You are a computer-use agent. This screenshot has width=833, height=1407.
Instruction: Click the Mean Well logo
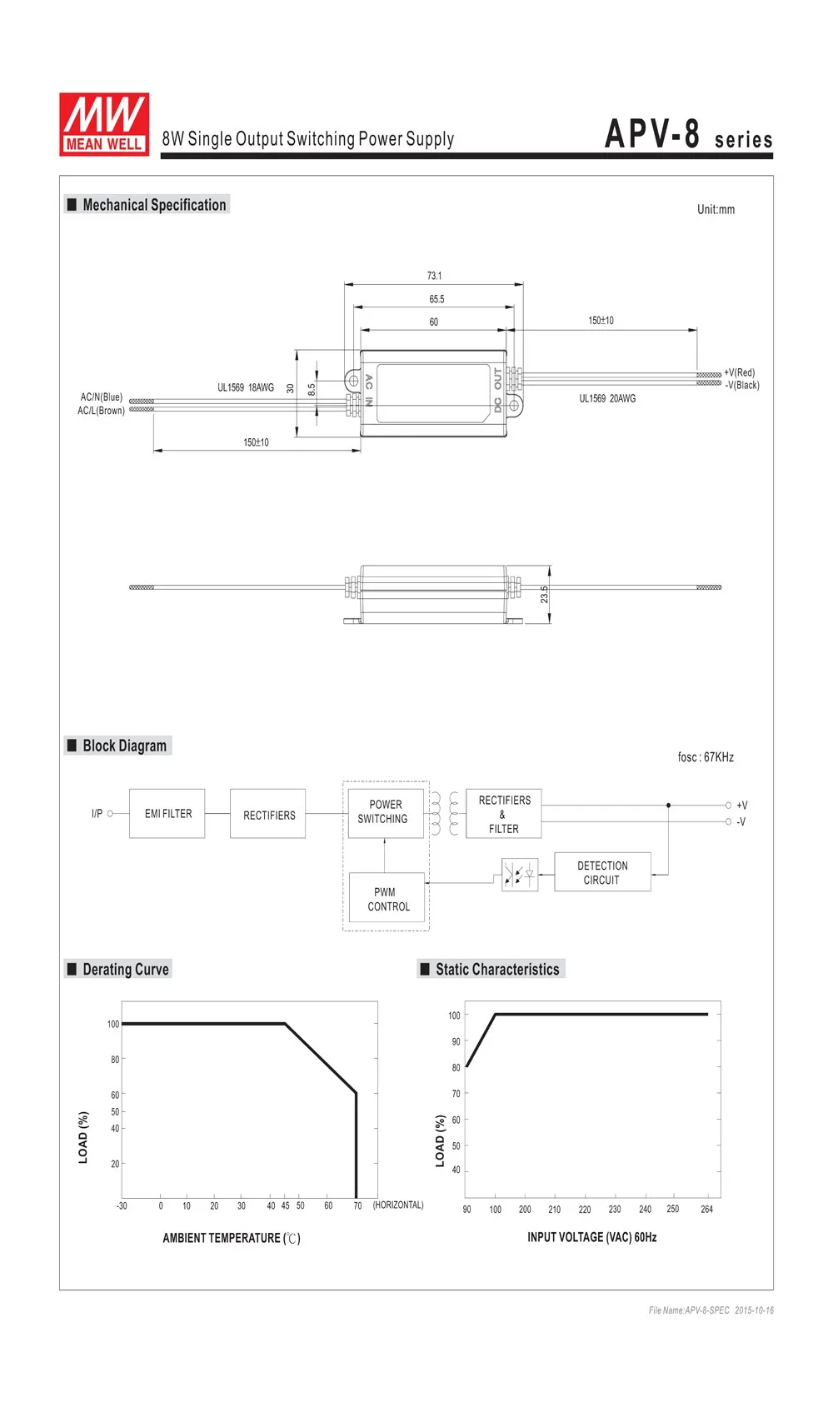[104, 124]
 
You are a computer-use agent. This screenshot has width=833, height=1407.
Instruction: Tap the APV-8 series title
[688, 135]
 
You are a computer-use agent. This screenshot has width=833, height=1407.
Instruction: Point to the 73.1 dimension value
[434, 276]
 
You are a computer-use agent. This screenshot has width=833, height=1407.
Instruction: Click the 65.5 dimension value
[436, 299]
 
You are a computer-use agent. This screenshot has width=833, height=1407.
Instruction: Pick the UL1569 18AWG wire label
[246, 387]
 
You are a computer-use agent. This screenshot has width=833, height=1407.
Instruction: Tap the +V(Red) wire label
[739, 372]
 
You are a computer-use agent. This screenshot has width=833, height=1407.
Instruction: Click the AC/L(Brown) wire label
[102, 411]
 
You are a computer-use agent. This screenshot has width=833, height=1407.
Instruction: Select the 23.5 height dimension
[544, 594]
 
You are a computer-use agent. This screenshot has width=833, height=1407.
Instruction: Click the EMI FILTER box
[167, 813]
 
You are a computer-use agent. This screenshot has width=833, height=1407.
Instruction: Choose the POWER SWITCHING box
[384, 811]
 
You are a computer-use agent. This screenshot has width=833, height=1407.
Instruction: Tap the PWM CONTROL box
[387, 899]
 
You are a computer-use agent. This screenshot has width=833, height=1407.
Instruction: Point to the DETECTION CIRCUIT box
[602, 872]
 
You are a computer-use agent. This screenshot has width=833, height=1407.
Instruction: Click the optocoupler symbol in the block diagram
[520, 875]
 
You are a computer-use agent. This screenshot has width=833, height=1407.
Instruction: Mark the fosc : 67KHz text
[706, 757]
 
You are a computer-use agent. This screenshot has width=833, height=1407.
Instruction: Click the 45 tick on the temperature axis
[285, 1205]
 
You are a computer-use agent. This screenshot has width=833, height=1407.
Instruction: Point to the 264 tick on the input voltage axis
[706, 1209]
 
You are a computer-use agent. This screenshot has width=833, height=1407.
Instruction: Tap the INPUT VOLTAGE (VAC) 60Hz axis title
[591, 1237]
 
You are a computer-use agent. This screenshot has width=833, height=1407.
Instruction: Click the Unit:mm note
[716, 209]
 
